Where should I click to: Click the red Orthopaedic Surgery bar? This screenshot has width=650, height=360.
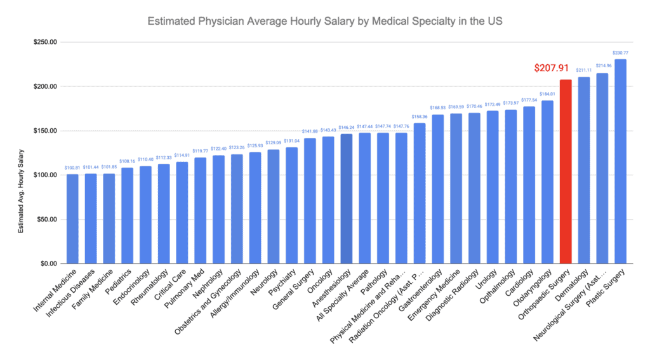click(566, 171)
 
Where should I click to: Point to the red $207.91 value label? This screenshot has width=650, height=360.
click(551, 68)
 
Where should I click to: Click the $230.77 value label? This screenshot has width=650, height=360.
click(620, 53)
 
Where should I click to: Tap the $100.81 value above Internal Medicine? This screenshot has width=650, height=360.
click(72, 168)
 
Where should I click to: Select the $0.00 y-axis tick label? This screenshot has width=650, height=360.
click(48, 263)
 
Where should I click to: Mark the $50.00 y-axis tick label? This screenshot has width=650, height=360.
click(46, 219)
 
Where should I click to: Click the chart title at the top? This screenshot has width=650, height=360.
click(324, 20)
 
